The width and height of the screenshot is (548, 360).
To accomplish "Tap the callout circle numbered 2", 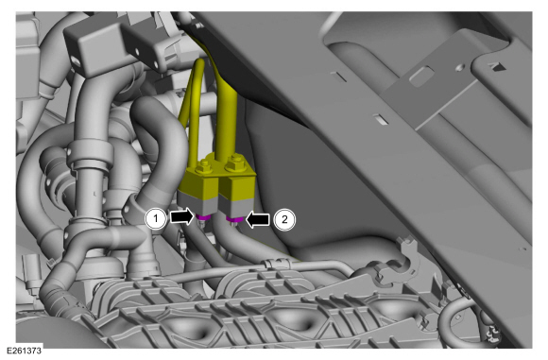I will click(283, 219).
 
